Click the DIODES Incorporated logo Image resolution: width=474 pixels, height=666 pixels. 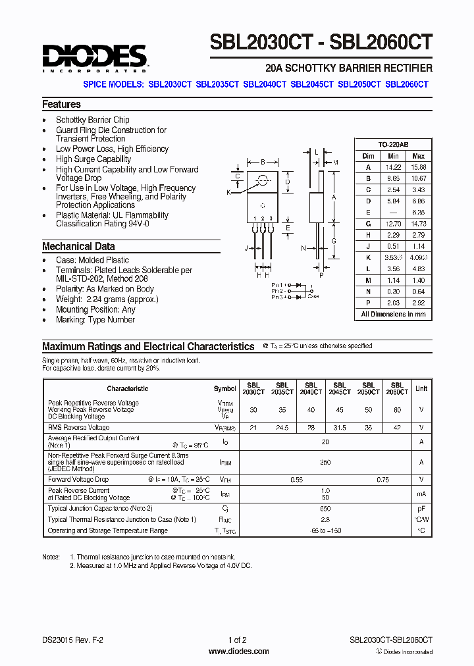point(95,57)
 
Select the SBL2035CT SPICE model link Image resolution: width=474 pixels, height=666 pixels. point(217,84)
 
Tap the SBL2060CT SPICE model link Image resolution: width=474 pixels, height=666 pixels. point(407,84)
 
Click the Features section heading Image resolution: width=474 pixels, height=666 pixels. point(61,104)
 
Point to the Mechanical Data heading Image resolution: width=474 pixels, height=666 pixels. point(78,246)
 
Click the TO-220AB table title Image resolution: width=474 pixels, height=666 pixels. point(394,144)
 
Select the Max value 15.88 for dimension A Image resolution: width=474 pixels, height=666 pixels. point(418,166)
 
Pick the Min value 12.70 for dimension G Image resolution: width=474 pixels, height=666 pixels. point(393,224)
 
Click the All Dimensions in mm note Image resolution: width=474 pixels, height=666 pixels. point(393,315)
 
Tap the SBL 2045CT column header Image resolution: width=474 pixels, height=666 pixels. point(340,388)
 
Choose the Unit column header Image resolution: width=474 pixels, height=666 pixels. point(421,388)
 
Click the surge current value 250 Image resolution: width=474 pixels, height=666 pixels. point(325,463)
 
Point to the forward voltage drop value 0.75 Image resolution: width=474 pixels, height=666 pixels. point(382,480)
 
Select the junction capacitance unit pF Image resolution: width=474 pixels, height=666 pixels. point(421,508)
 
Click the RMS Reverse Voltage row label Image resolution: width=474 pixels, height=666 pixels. point(79,428)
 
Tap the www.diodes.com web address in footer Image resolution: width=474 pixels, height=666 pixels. point(238,652)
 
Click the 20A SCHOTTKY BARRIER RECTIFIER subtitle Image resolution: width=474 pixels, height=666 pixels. point(348,68)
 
